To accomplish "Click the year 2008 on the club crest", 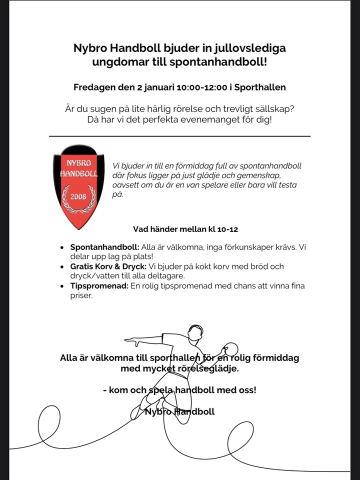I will coord(78,196).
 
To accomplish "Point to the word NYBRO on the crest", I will coord(78,163).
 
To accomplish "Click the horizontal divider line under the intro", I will coord(179,136).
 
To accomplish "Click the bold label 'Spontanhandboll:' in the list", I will coord(104,247).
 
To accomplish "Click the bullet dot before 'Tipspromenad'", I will coord(61,286).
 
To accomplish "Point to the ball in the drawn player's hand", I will coord(231,348).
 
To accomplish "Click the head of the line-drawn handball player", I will coord(195,333).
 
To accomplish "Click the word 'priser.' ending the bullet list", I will coord(81,295).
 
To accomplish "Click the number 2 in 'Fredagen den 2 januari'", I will coord(139,87).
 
